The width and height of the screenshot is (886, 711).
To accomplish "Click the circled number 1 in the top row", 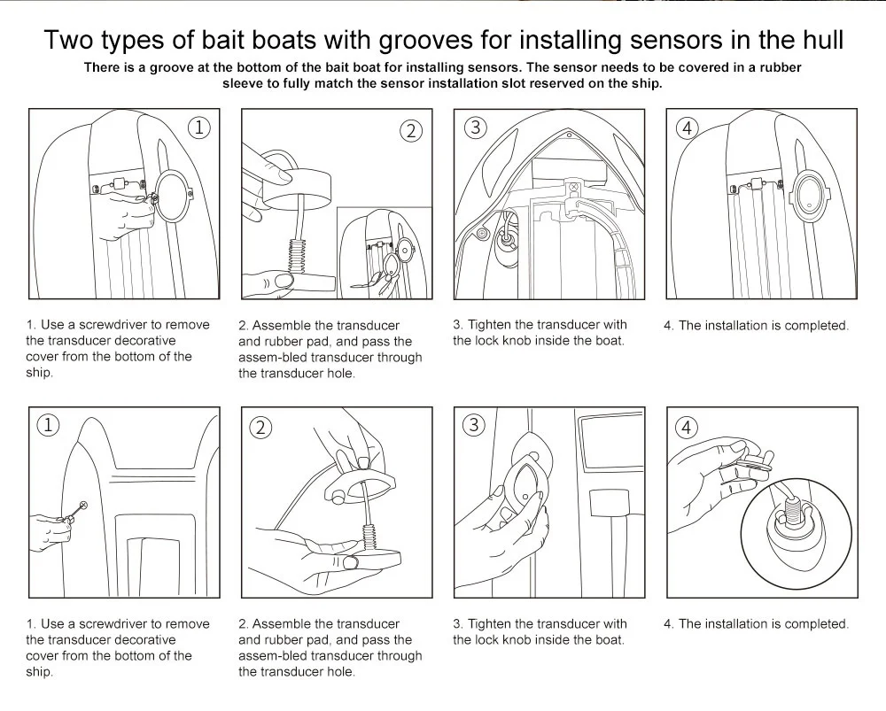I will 200,128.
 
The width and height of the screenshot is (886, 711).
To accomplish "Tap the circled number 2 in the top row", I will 410,131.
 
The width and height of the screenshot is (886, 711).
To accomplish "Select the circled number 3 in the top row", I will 476,128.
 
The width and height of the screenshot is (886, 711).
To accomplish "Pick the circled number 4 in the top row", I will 687,128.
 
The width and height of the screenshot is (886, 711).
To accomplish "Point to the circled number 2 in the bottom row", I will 260,428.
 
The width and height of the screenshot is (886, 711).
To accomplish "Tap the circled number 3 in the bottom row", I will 474,425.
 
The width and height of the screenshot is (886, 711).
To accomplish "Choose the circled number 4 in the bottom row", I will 687,428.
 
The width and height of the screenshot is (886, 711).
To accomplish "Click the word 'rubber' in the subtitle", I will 776,67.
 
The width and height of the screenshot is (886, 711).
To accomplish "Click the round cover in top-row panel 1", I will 172,193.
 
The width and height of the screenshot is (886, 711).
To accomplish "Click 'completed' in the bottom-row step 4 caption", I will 816,624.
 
